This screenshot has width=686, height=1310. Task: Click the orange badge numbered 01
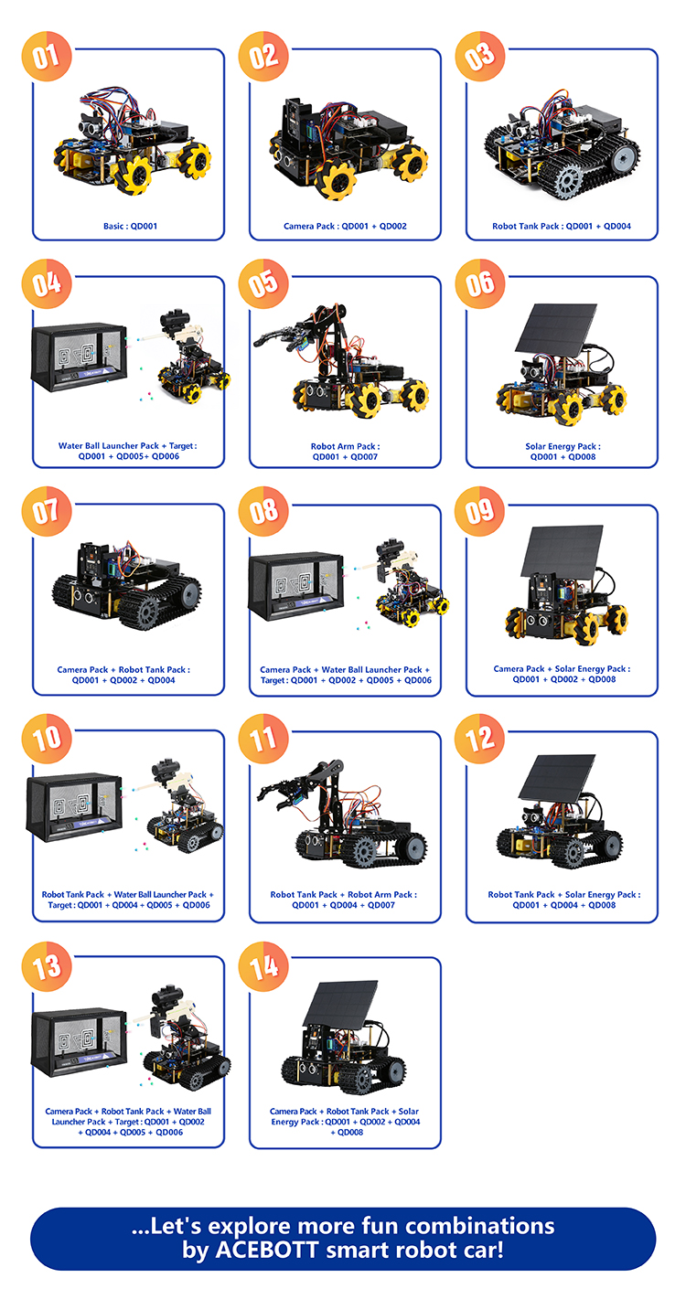(x=47, y=56)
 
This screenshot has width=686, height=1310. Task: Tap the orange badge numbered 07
(x=47, y=511)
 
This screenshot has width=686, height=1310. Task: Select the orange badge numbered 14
(x=263, y=966)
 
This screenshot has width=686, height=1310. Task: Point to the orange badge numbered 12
(x=480, y=739)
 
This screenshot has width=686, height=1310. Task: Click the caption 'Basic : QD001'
(x=130, y=227)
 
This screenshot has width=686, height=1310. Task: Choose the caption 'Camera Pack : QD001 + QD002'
(x=345, y=227)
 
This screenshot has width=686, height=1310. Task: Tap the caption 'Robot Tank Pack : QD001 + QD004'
(x=562, y=227)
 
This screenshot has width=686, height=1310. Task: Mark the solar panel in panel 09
(x=562, y=552)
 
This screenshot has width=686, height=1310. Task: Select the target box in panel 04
(x=79, y=357)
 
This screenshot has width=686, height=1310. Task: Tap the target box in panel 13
(x=79, y=1041)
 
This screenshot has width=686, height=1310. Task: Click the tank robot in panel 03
(x=562, y=146)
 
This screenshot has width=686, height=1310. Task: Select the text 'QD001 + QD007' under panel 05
(x=345, y=457)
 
